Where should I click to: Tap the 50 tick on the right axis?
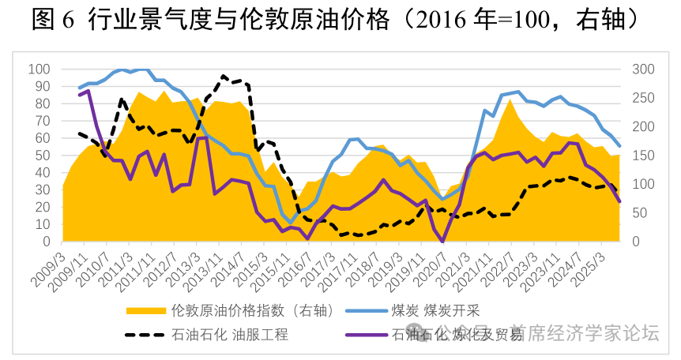639,213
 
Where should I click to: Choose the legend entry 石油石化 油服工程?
230,335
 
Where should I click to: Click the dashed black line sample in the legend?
146,335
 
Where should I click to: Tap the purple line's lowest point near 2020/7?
442,241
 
